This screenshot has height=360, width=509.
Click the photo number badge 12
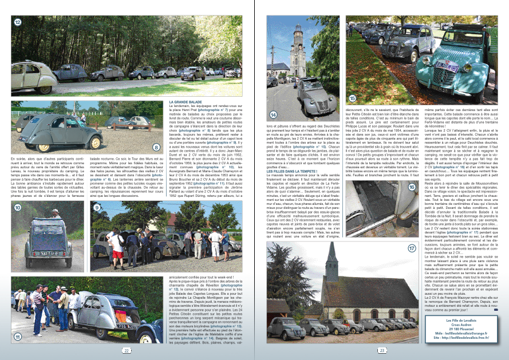(18, 22)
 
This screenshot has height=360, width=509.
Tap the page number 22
(126, 350)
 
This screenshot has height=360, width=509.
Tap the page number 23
(381, 350)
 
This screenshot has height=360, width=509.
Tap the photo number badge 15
(353, 98)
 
